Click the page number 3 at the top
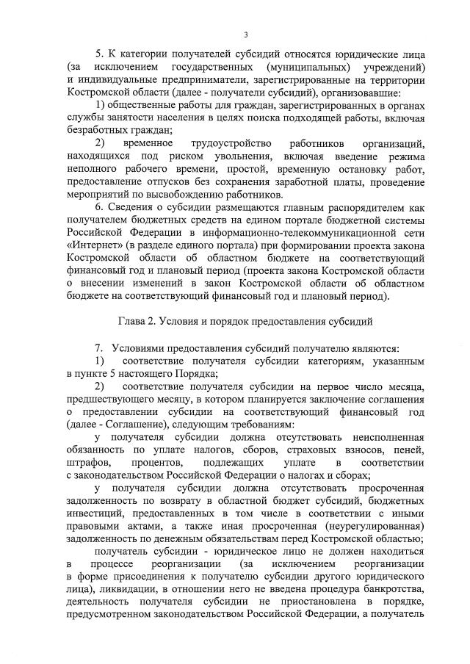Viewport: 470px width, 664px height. click(246, 35)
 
